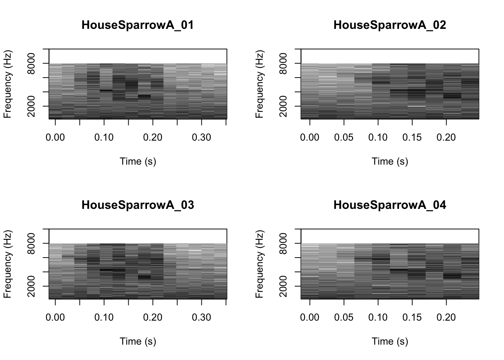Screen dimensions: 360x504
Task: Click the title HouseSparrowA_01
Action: [x=138, y=25]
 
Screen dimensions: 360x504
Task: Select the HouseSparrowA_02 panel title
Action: [x=390, y=25]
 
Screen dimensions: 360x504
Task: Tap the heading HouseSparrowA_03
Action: [x=138, y=205]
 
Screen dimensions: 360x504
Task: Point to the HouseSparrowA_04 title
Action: [x=390, y=205]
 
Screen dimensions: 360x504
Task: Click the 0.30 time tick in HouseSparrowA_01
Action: [x=201, y=138]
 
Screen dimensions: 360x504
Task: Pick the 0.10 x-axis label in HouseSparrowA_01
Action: [x=104, y=138]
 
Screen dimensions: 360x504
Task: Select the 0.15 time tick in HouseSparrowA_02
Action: [x=412, y=138]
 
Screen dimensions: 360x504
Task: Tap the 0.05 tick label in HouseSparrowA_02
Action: [x=344, y=138]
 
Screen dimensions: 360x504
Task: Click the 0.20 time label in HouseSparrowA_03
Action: [x=153, y=318]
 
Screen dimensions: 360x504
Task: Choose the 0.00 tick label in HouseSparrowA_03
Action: [x=55, y=318]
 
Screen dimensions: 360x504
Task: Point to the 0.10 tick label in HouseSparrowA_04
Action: [x=378, y=318]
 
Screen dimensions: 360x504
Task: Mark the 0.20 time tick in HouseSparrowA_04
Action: [x=446, y=318]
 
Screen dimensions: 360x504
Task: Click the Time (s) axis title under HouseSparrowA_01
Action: [x=138, y=161]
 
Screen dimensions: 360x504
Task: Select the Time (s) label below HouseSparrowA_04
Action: [x=390, y=341]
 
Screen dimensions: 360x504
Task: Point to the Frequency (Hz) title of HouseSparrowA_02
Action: [x=259, y=84]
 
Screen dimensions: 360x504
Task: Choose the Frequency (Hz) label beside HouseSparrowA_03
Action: [x=7, y=264]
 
